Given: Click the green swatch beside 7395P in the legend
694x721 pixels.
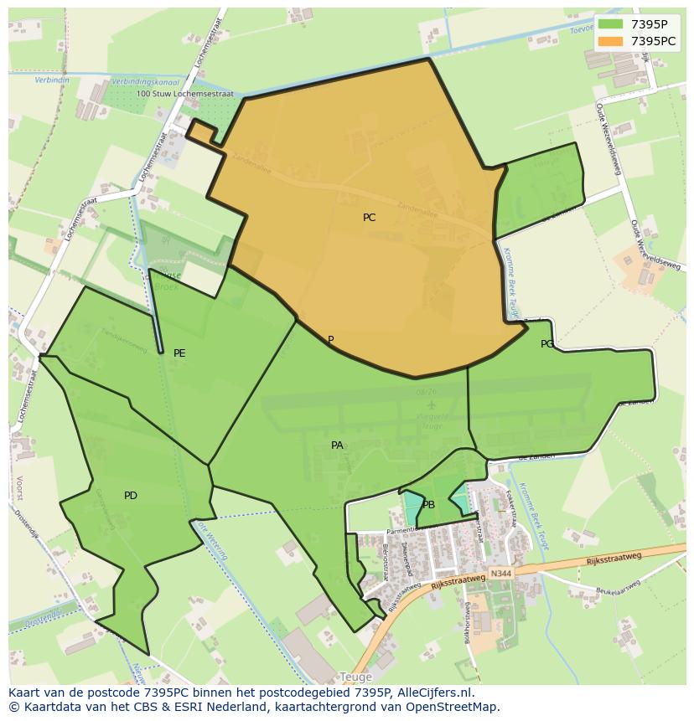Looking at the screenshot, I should [x=611, y=24].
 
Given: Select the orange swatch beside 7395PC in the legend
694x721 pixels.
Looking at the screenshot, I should [x=611, y=40].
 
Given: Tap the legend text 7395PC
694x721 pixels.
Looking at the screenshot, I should [x=654, y=40].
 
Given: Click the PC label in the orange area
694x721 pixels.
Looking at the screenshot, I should [x=369, y=218].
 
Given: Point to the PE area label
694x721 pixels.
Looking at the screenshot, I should [x=179, y=353].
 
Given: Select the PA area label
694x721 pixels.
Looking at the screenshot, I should [x=337, y=445].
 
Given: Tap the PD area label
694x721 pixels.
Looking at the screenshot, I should [x=131, y=496].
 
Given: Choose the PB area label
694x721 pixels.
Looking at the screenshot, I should [x=428, y=505].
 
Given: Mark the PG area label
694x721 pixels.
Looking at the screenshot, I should [x=547, y=344].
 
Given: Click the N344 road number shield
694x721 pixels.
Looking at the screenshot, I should [x=500, y=574].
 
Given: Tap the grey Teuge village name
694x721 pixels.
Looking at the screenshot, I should [x=355, y=677].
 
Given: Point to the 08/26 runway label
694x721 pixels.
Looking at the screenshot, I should [x=426, y=392].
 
